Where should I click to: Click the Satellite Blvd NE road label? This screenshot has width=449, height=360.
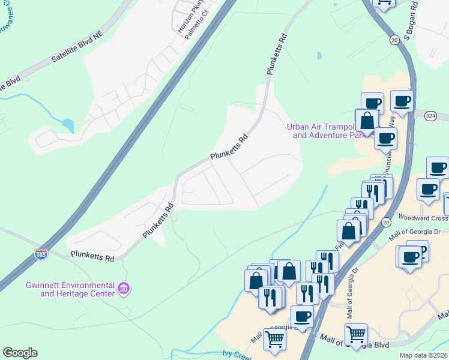pyautogui.click(x=77, y=47)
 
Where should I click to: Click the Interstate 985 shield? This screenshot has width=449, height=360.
pyautogui.click(x=41, y=254)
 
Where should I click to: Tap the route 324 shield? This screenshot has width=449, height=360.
pyautogui.click(x=430, y=116)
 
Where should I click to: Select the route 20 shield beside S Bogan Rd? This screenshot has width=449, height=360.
pyautogui.click(x=394, y=40)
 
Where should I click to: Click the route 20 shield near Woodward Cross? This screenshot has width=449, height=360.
pyautogui.click(x=385, y=223)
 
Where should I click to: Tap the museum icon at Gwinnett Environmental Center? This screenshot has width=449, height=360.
pyautogui.click(x=124, y=289)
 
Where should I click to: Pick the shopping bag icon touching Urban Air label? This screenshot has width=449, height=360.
pyautogui.click(x=367, y=120)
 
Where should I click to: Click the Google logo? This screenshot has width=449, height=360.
pyautogui.click(x=20, y=353)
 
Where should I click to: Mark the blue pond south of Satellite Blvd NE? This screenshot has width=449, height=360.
pyautogui.click(x=68, y=125)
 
